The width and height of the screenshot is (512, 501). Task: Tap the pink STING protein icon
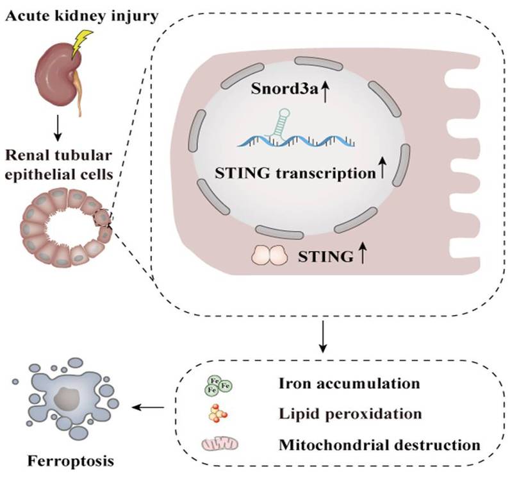click(271, 255)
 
